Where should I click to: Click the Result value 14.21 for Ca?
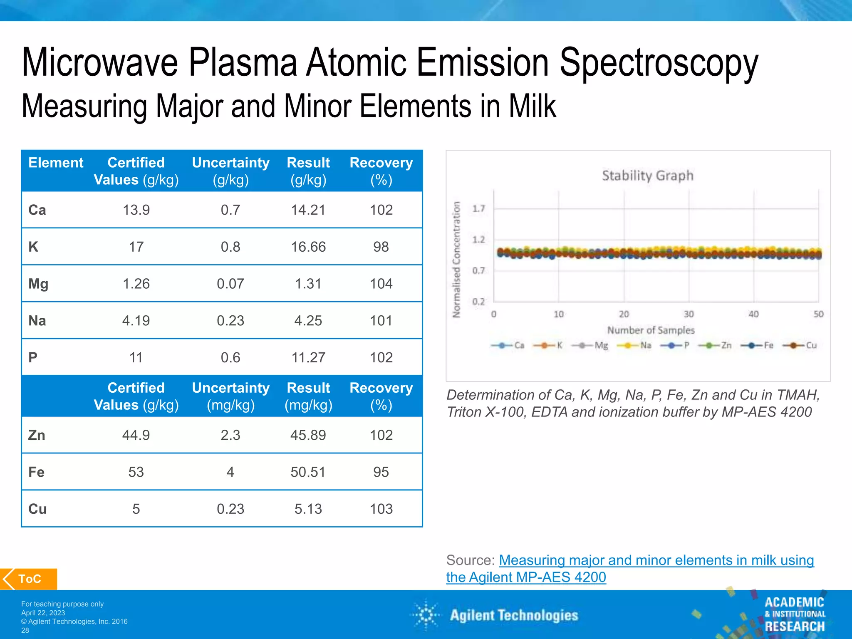[308, 210]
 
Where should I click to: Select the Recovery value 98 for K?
[381, 247]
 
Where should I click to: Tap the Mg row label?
[38, 284]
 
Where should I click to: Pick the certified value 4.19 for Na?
[136, 320]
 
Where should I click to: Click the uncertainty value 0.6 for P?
[230, 357]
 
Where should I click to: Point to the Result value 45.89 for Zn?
[308, 435]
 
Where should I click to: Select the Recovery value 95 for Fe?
[381, 472]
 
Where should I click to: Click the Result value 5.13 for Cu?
[308, 509]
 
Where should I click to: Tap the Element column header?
[56, 163]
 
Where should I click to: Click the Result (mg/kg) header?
[308, 396]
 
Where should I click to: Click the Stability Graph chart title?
[648, 176]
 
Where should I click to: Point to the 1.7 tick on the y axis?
[478, 208]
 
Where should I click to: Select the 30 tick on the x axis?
[689, 314]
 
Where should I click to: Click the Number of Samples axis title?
[651, 330]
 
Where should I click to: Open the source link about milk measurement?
[656, 560]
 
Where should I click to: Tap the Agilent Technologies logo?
[495, 615]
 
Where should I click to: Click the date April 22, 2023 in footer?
[43, 613]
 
